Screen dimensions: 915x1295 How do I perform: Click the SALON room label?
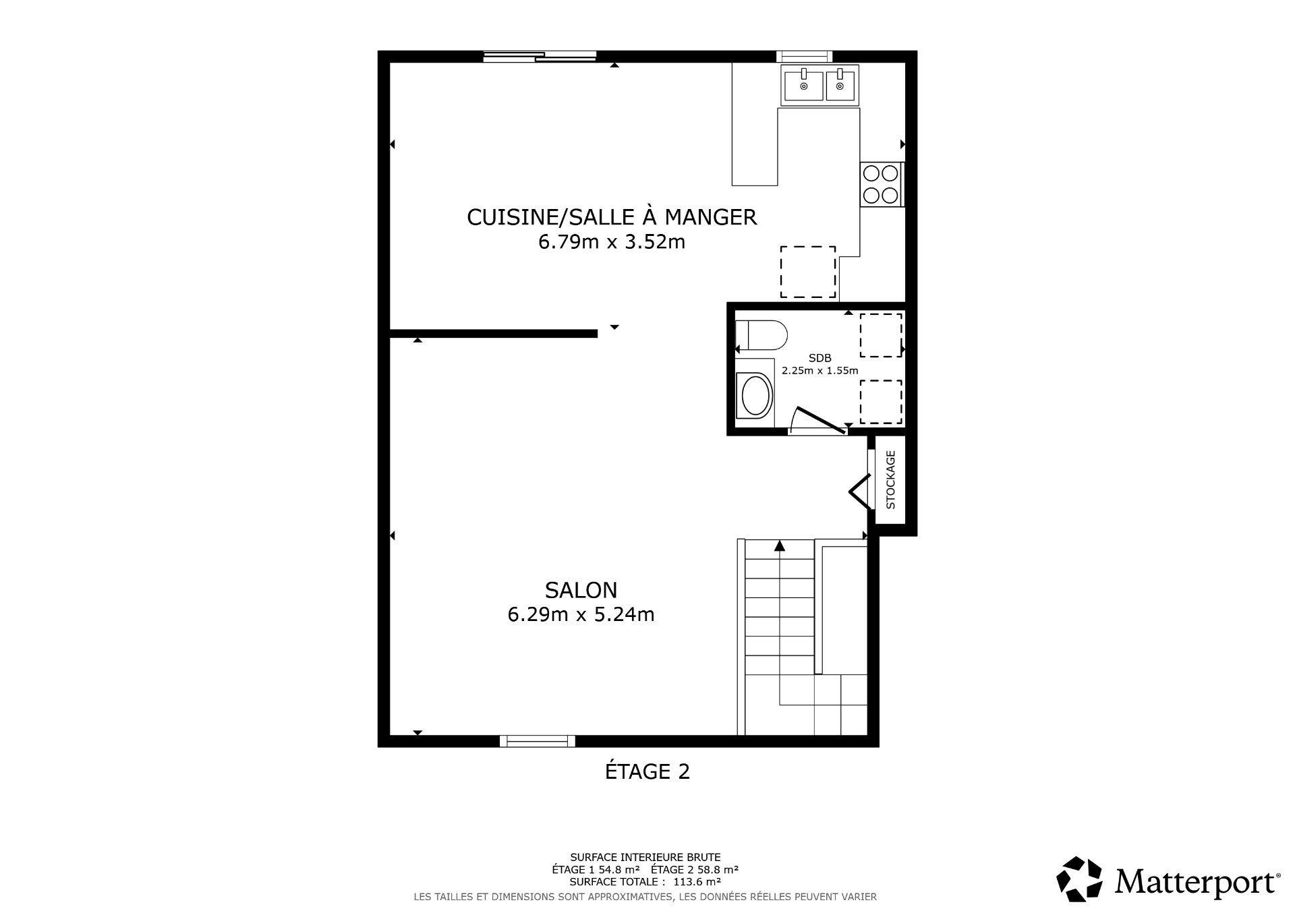581,590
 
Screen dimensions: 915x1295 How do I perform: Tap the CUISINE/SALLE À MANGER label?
612,217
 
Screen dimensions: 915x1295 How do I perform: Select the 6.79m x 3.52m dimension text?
612,241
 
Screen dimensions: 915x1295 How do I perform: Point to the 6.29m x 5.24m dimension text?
581,615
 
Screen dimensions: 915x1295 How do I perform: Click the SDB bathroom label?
820,358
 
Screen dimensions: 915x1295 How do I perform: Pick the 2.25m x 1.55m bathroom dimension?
820,370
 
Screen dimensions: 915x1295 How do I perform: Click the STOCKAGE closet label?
890,479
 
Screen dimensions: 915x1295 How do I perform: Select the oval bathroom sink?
755,395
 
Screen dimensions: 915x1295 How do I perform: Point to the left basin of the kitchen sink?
803,85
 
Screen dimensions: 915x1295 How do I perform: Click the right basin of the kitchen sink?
840,85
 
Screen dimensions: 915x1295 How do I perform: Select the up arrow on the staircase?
780,546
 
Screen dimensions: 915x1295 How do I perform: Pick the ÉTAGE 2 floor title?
647,771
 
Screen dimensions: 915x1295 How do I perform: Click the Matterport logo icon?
1079,879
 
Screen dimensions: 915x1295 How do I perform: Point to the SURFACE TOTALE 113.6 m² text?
645,881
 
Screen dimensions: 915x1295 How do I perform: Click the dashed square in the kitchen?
808,272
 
